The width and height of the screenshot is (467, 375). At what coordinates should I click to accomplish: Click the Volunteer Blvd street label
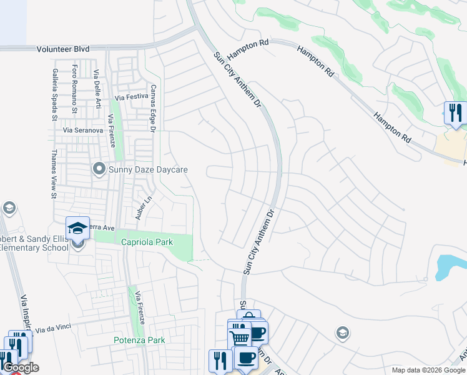(x=63, y=49)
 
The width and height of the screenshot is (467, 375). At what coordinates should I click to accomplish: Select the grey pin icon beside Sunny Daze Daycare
(x=99, y=169)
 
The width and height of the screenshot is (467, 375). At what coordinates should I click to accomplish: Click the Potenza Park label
(x=139, y=340)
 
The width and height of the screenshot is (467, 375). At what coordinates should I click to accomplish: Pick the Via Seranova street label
(x=83, y=130)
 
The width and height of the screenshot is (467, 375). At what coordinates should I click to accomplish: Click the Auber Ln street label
(x=139, y=209)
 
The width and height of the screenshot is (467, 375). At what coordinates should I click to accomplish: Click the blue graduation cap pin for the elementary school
(x=77, y=228)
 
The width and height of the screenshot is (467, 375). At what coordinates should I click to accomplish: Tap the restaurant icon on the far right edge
(x=455, y=113)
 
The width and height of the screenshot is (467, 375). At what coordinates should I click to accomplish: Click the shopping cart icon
(x=239, y=336)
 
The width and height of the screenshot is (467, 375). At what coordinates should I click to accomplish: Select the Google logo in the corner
(x=21, y=367)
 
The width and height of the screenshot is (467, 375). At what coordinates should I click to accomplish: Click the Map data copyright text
(x=428, y=370)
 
